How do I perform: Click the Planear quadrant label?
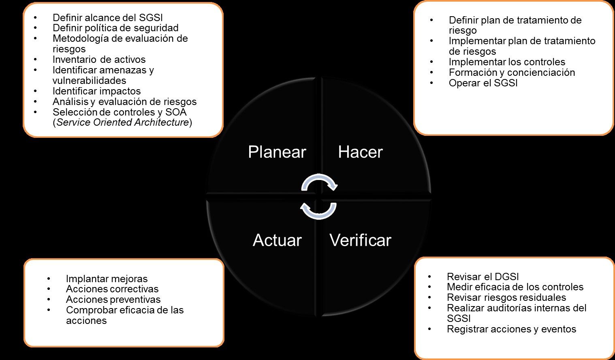pyautogui.click(x=277, y=152)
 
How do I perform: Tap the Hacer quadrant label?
pyautogui.click(x=360, y=152)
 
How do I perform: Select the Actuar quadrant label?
pyautogui.click(x=277, y=240)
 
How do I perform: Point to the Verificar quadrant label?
pyautogui.click(x=360, y=240)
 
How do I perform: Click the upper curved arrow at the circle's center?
pyautogui.click(x=320, y=182)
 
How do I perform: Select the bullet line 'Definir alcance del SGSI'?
pyautogui.click(x=108, y=17)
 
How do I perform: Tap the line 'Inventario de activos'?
pyautogui.click(x=99, y=60)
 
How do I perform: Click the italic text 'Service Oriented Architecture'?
pyautogui.click(x=122, y=122)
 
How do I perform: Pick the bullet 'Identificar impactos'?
pyautogui.click(x=96, y=91)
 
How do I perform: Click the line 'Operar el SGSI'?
pyautogui.click(x=483, y=83)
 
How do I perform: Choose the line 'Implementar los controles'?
pyautogui.click(x=507, y=62)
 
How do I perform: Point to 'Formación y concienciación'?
pyautogui.click(x=512, y=73)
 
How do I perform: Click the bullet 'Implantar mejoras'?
pyautogui.click(x=107, y=279)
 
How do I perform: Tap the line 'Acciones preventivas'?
pyautogui.click(x=113, y=300)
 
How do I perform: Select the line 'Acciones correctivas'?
pyautogui.click(x=112, y=289)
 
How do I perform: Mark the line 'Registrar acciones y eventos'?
pyautogui.click(x=511, y=329)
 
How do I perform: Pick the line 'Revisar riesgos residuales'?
pyautogui.click(x=506, y=298)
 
